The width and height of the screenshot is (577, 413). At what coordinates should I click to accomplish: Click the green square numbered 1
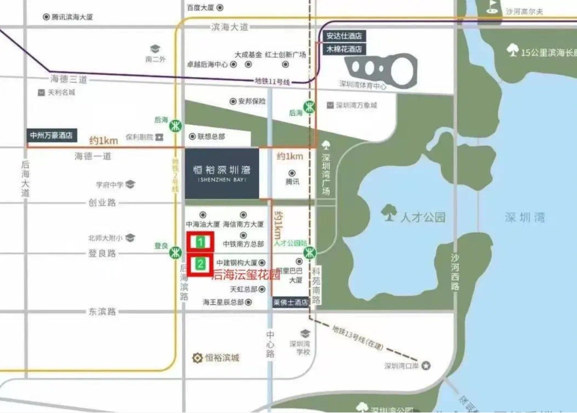[x=200, y=242]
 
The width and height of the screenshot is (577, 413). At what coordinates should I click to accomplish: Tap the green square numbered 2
[x=200, y=264]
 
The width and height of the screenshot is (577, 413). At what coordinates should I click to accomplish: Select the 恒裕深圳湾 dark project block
[x=222, y=173]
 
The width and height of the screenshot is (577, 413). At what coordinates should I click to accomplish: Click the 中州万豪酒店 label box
[x=50, y=135]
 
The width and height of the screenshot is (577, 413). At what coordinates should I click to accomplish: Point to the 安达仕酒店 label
[x=343, y=36]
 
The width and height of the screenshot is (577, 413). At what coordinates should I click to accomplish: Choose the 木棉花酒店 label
[x=343, y=49]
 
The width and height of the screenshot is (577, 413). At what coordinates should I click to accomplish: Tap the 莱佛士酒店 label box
[x=291, y=303]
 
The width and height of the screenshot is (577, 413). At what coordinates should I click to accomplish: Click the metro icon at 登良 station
[x=176, y=253]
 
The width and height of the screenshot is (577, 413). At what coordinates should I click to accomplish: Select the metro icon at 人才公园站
[x=309, y=253]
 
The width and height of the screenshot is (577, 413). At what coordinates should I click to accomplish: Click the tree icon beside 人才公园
[x=389, y=212]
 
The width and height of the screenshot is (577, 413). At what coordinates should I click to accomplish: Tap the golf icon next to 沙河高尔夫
[x=492, y=7]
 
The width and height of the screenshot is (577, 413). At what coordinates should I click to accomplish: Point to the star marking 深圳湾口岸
[x=426, y=365]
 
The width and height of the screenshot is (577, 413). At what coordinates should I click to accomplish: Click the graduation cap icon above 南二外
[x=155, y=49]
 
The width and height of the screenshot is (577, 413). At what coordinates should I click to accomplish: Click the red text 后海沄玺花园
[x=246, y=274]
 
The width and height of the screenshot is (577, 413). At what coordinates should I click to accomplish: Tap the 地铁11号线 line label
[x=272, y=81]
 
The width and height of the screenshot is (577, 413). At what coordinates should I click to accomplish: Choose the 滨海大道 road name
[x=230, y=27]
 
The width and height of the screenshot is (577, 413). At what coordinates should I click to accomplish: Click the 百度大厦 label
[x=201, y=8]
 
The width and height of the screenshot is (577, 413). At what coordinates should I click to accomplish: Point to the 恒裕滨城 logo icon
[x=197, y=358]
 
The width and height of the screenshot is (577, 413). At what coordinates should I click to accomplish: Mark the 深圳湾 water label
[x=525, y=217]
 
